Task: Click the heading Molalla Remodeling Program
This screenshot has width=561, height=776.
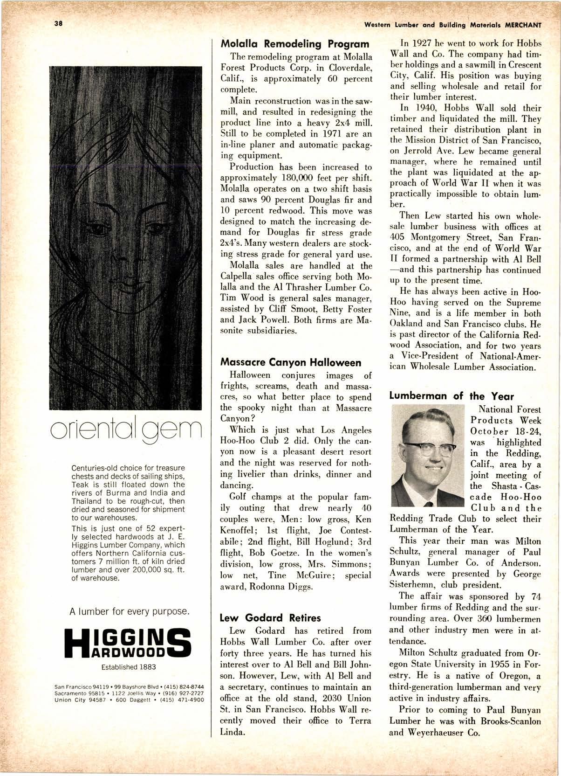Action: pyautogui.click(x=294, y=44)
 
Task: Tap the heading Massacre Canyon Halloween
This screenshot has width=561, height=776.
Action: pyautogui.click(x=290, y=362)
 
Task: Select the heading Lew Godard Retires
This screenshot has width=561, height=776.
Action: pyautogui.click(x=270, y=618)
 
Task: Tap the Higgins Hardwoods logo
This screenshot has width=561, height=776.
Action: pyautogui.click(x=128, y=644)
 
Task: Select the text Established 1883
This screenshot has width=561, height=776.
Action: pyautogui.click(x=129, y=667)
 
